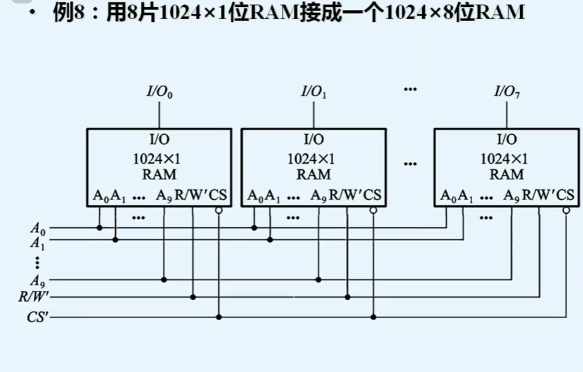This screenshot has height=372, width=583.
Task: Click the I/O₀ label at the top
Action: pos(159,92)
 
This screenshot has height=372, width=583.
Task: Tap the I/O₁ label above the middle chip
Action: pos(314,92)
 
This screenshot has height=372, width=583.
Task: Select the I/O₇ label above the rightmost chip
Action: pos(507,92)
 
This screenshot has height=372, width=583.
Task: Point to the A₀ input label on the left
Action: pos(38,228)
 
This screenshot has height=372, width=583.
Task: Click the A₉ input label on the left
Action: pos(38,280)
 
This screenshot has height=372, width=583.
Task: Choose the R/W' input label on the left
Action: pos(34,297)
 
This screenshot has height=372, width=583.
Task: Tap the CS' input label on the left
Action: pos(38,317)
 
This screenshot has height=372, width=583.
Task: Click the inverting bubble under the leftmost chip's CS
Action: pos(219,211)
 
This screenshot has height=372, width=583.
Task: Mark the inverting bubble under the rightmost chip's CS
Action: pos(566,211)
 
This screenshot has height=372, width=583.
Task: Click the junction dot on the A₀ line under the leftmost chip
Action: pos(99,228)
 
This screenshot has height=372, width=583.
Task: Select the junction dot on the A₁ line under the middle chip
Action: pos(270,240)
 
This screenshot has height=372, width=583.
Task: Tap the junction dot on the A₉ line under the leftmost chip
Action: pos(164,279)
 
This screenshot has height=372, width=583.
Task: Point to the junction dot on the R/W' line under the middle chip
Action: pos(347,297)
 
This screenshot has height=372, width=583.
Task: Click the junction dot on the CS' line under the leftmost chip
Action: pos(219,317)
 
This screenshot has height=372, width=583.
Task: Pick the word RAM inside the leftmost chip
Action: pos(159,175)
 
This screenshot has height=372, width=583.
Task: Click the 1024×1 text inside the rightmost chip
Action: pos(504,159)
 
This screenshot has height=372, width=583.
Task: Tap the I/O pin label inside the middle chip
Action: pos(314,139)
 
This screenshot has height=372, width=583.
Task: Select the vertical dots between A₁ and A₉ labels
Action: pos(37,262)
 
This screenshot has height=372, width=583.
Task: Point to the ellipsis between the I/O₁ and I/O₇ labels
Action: pos(410,89)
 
